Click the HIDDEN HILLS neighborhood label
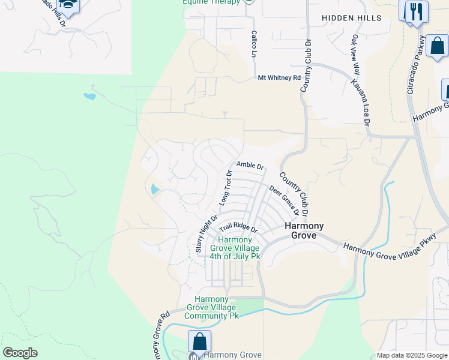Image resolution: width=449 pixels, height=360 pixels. (351, 18)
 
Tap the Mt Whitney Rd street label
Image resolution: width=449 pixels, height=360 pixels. (279, 78)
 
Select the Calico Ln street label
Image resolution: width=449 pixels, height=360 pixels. (254, 44)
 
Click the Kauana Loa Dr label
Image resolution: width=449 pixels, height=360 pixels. (360, 102)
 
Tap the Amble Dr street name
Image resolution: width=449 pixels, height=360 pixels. (250, 165)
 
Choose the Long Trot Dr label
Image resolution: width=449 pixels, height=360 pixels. (225, 187)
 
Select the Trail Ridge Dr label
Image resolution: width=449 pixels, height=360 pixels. (238, 228)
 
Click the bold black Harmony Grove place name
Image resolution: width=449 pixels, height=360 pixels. (303, 230)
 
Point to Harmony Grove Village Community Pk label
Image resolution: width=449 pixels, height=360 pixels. (212, 307)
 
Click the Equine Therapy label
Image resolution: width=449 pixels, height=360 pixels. (210, 2)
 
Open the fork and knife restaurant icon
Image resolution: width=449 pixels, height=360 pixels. (415, 11)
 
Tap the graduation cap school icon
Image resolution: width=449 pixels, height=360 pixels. (68, 5)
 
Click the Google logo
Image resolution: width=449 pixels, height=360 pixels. (20, 353)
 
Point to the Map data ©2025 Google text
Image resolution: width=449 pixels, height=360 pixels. (411, 355)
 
